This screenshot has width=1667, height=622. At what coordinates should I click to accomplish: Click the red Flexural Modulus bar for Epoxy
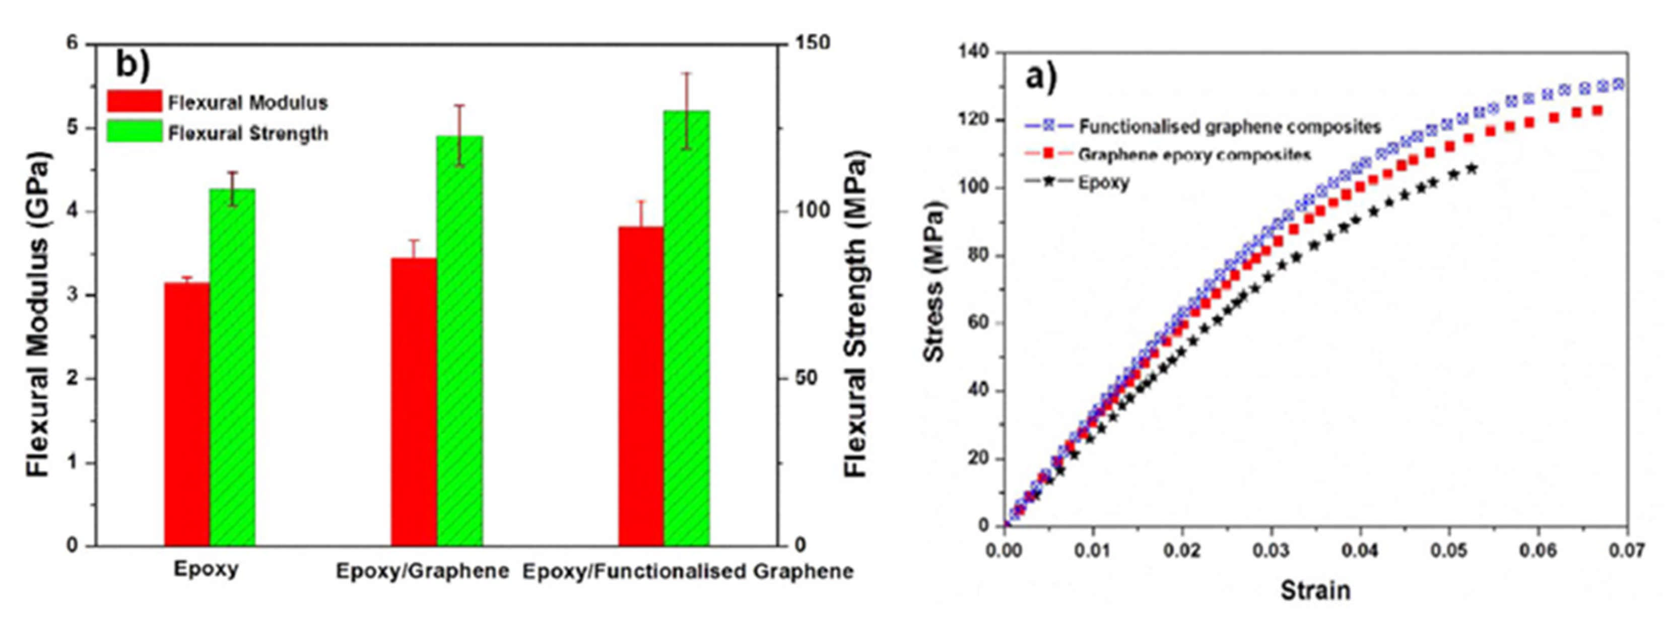tap(186, 414)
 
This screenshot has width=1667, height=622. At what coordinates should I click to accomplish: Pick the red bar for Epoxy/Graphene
tap(414, 401)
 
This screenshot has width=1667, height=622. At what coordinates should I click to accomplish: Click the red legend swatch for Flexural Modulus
tap(134, 102)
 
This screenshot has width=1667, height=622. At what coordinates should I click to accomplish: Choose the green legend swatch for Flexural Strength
tap(134, 132)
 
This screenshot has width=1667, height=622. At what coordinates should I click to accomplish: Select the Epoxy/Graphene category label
tap(422, 572)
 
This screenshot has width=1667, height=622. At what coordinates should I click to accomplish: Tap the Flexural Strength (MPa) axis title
tap(855, 314)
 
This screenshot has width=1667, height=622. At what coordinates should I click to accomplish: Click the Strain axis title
tap(1315, 590)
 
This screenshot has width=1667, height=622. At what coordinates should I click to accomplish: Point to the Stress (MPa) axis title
tap(935, 281)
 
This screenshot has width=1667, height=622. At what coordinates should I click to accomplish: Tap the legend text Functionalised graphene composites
tap(1230, 126)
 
